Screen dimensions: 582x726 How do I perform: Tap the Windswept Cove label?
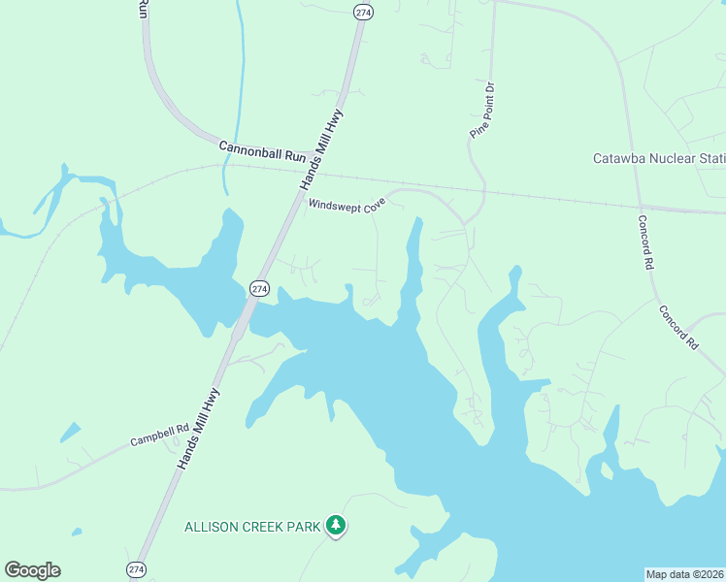346,205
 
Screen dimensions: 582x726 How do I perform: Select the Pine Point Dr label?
483,110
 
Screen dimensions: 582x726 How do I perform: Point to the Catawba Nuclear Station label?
659,158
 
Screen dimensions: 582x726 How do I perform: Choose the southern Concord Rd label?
678,327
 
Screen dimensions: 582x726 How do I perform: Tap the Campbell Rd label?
159,436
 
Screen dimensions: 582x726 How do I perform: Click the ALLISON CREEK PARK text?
254,527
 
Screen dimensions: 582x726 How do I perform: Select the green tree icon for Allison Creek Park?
336,526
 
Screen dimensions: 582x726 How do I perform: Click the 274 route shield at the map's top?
363,12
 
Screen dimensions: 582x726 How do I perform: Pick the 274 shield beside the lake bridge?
259,288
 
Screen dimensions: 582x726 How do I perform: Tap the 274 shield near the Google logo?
136,568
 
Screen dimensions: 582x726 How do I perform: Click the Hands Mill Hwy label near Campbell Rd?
200,430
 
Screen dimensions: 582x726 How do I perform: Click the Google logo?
32,570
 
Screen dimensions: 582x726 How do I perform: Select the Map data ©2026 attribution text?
684,574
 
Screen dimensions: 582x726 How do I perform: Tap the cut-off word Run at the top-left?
143,9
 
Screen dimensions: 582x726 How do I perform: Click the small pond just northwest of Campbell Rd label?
70,432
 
